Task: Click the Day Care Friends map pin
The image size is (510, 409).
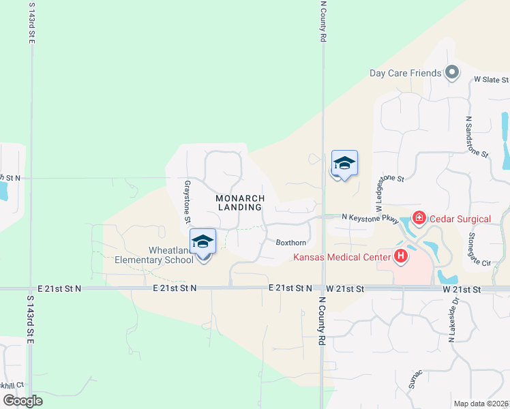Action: tap(451, 72)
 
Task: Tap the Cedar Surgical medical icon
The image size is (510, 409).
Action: tap(418, 218)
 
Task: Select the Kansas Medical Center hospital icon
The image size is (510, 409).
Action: tap(401, 256)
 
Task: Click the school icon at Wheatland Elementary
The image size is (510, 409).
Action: tap(202, 243)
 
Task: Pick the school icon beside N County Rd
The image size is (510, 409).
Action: tap(344, 164)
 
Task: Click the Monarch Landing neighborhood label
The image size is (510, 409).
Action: tap(239, 202)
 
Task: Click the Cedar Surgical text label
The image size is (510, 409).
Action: tap(460, 219)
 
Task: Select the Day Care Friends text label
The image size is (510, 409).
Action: tap(405, 72)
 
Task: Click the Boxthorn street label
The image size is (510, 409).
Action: tap(290, 243)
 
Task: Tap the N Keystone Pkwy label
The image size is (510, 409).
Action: tap(370, 217)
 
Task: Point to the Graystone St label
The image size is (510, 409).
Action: tap(186, 202)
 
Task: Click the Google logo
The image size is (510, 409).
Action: tap(23, 401)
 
